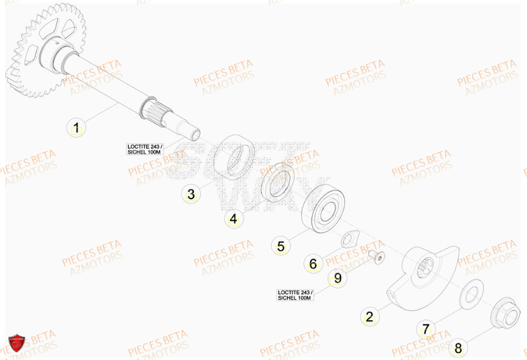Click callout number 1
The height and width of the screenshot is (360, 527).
click(76, 127)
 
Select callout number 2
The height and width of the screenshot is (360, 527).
click(369, 317)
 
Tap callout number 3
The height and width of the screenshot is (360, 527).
click(190, 194)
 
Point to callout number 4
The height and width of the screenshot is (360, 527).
click(233, 220)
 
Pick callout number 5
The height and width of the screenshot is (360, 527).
click(280, 246)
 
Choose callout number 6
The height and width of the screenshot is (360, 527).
click(313, 264)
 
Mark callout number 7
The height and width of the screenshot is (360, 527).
click(426, 328)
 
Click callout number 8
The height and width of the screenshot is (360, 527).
click(458, 347)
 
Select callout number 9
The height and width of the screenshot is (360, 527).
click(337, 278)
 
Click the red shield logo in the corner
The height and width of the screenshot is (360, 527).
click(16, 344)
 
